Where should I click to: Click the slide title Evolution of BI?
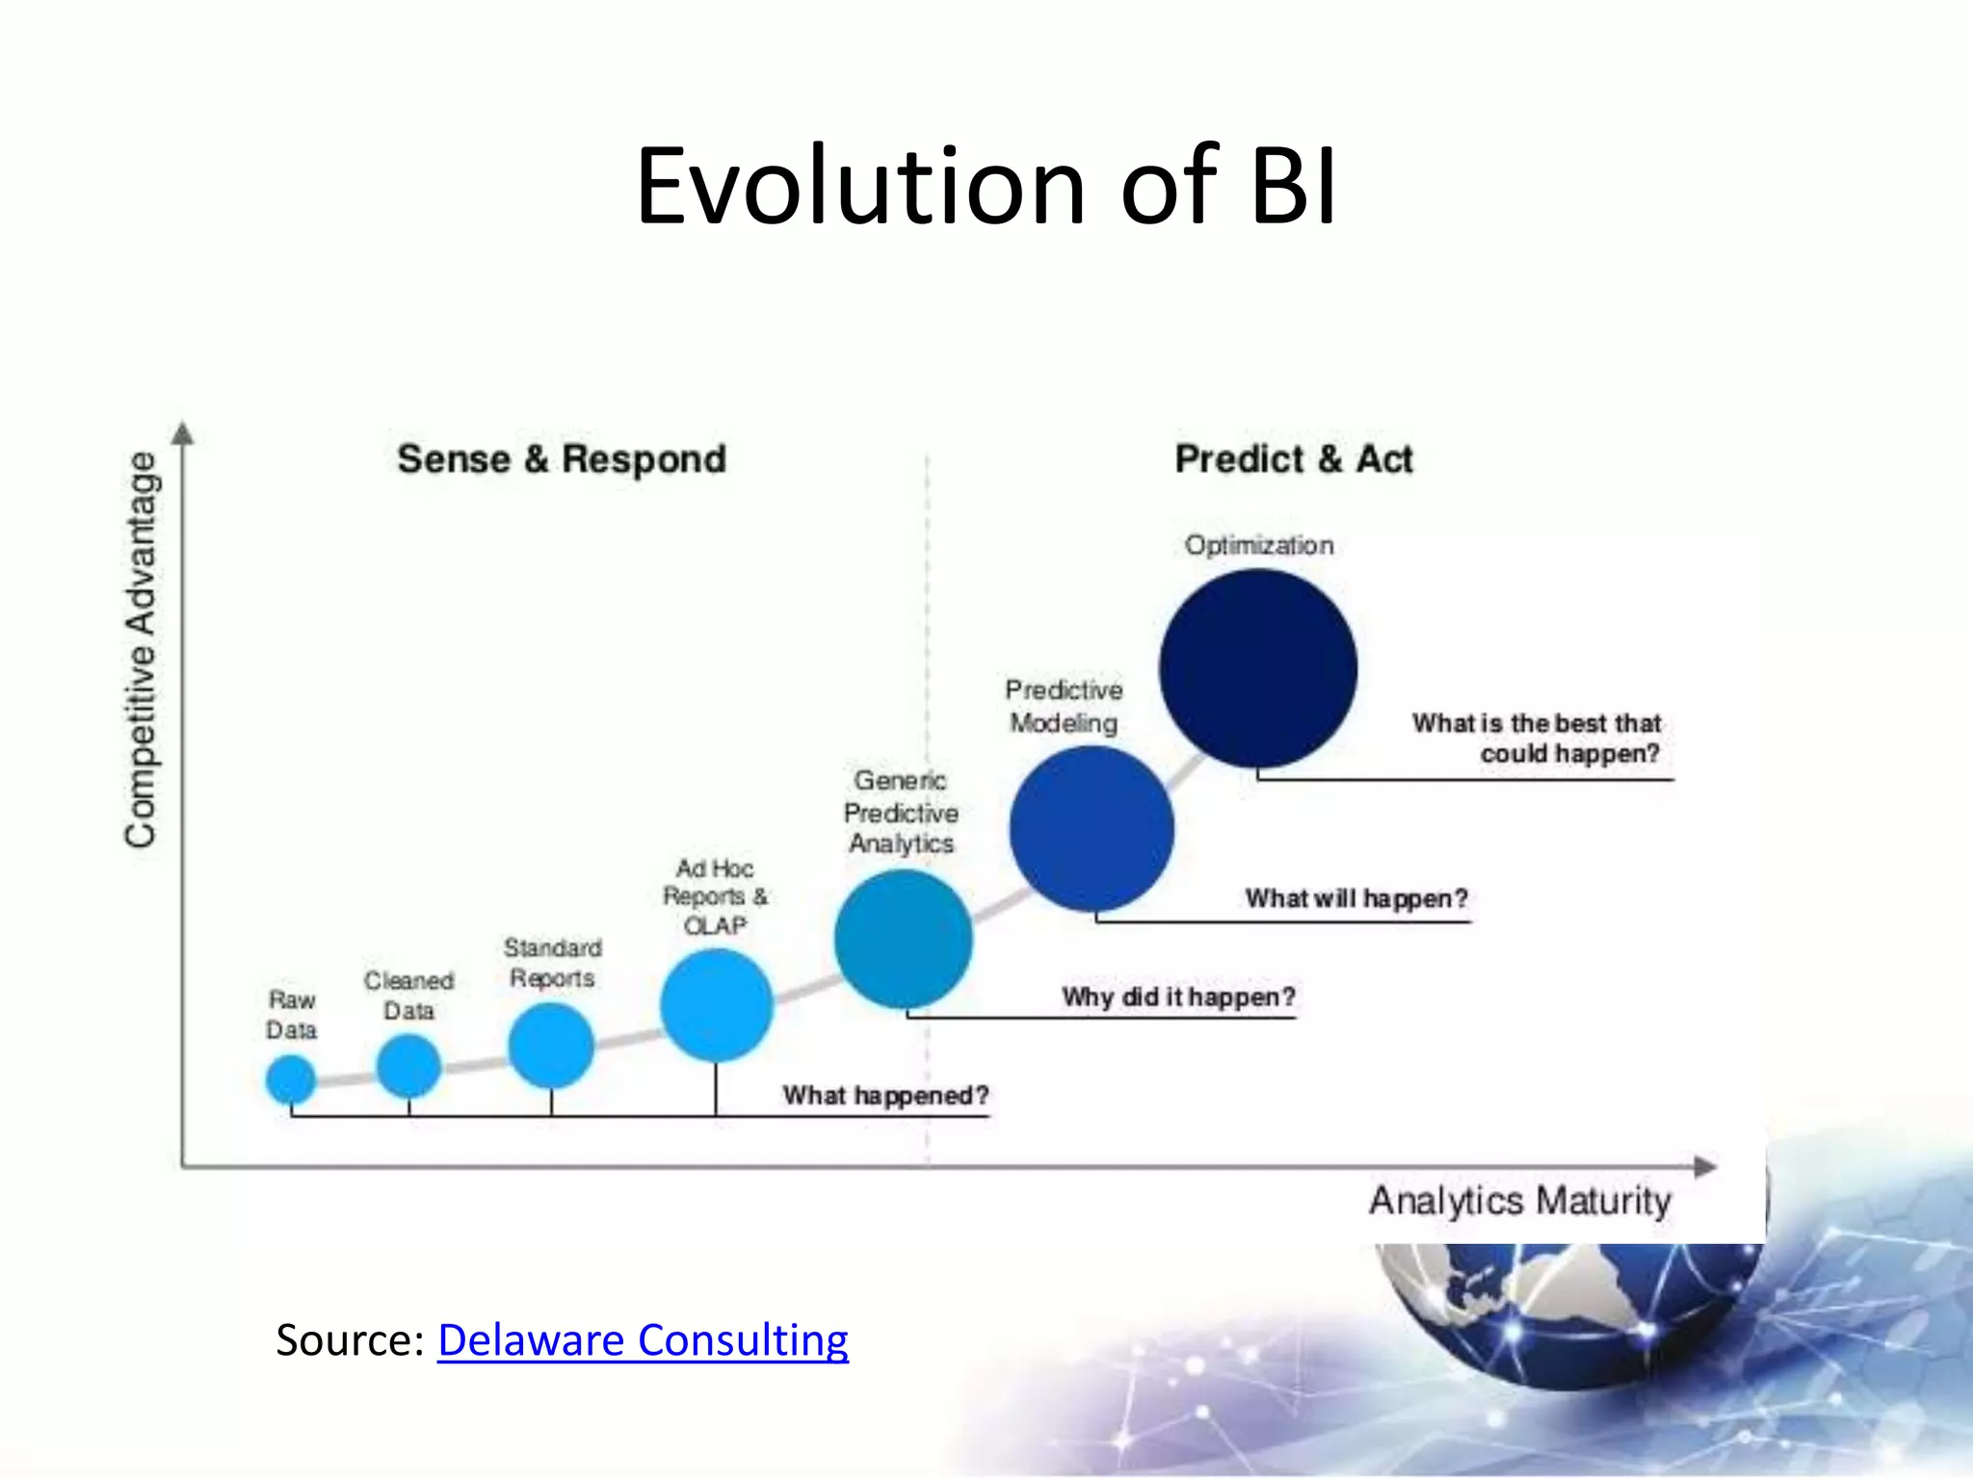[x=986, y=186]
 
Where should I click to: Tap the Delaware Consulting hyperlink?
[x=643, y=1340]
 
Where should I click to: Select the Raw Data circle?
[x=291, y=1078]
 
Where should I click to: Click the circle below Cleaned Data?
[x=408, y=1066]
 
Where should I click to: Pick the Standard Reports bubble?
[x=551, y=1045]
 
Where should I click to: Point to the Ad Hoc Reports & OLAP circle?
[x=716, y=1004]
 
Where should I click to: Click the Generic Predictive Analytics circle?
[x=903, y=939]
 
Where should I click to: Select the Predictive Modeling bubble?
[x=1092, y=829]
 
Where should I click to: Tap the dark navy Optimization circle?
[x=1258, y=668]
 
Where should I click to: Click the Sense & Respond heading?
[x=562, y=459]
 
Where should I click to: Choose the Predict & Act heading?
[x=1294, y=459]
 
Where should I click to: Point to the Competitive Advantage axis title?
[x=142, y=650]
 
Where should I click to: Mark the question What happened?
[x=885, y=1096]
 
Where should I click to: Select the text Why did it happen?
[x=1178, y=997]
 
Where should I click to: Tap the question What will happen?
[x=1356, y=898]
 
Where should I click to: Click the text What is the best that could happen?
[x=1538, y=738]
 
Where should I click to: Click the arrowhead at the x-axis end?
[x=1706, y=1167]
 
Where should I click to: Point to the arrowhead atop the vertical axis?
[x=183, y=433]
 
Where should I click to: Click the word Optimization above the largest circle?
[x=1259, y=545]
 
